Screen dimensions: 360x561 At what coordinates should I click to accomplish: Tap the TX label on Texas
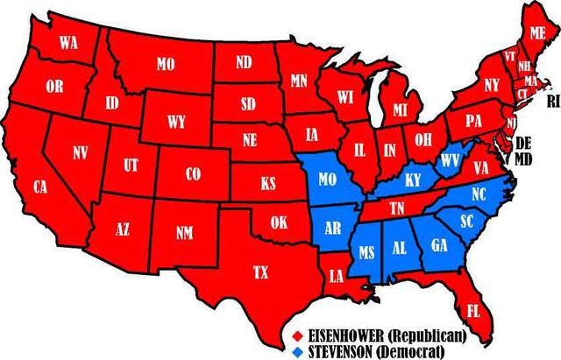pos(260,272)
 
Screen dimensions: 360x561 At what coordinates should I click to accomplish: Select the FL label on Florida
pos(472,310)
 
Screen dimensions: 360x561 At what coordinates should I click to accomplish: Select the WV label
pos(450,160)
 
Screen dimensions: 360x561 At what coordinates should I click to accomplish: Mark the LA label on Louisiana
pos(336,276)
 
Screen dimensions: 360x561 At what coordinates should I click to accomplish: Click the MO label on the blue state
pos(327,180)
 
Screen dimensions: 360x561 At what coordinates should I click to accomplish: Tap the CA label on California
pos(40,187)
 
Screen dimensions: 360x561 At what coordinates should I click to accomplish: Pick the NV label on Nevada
pos(81,153)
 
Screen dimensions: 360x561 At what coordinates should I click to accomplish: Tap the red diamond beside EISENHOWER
pos(298,335)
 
